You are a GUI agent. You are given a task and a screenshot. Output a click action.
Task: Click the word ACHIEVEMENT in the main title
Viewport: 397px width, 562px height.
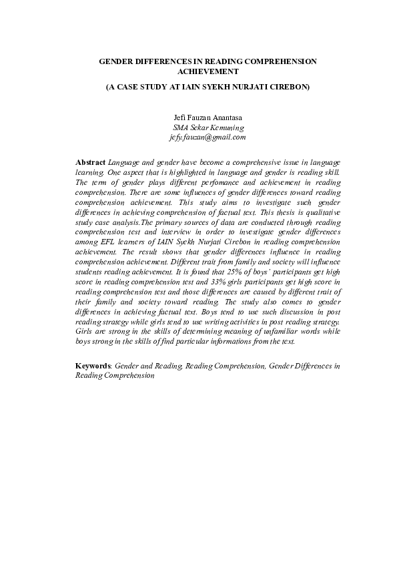208,71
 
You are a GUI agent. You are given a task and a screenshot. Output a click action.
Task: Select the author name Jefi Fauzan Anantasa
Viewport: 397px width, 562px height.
208,117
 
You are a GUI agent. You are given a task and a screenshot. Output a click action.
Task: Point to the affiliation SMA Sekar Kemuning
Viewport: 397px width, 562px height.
208,127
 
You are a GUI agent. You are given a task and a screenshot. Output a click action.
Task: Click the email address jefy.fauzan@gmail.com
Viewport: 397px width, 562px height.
208,137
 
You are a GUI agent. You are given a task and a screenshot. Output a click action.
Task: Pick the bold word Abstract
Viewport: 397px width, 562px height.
90,162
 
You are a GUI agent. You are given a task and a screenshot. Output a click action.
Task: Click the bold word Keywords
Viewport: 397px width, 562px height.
93,366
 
